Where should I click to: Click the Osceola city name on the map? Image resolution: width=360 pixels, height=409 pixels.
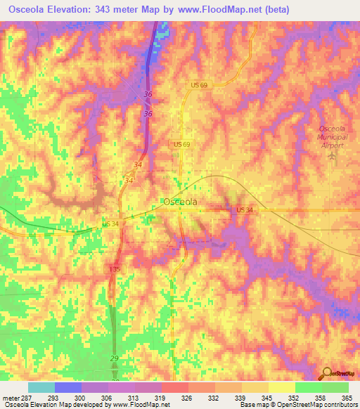coord(180,202)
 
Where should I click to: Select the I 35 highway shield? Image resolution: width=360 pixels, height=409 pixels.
coord(115,269)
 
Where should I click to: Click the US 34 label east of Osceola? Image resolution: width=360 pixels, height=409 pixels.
coord(244,210)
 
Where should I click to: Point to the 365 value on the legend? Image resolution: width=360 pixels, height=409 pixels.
coord(347,398)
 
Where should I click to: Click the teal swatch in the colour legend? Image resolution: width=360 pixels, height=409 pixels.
coord(41,387)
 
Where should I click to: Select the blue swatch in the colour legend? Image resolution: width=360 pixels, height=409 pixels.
coord(67,387)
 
